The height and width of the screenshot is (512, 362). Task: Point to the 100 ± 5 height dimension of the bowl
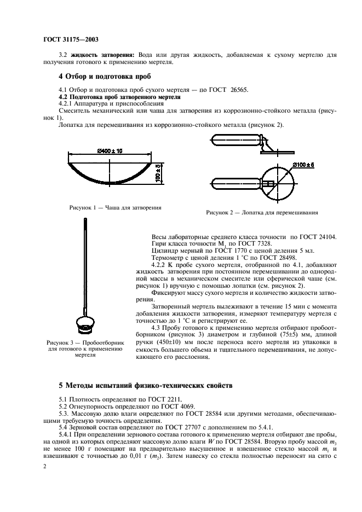click(157, 172)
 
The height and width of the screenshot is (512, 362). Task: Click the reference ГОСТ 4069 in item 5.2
click(163, 407)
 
